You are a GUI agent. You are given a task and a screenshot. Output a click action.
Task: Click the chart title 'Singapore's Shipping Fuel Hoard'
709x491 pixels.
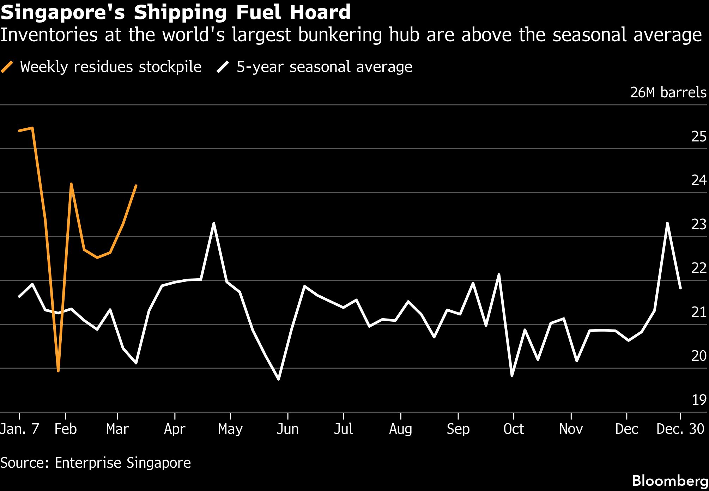click(x=176, y=12)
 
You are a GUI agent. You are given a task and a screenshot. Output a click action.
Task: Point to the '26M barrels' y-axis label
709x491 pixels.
click(x=668, y=92)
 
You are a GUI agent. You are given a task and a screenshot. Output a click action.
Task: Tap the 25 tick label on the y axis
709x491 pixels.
click(x=698, y=137)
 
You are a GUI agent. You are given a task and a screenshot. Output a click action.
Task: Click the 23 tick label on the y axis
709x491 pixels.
click(x=698, y=224)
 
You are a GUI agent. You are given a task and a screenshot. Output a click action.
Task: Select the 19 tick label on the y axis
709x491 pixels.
click(x=698, y=400)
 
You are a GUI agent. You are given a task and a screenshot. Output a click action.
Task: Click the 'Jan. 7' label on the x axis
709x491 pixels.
click(x=19, y=429)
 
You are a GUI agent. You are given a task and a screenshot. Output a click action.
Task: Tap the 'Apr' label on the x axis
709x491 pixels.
click(x=175, y=429)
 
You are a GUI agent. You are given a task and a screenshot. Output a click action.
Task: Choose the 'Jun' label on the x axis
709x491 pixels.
click(x=287, y=429)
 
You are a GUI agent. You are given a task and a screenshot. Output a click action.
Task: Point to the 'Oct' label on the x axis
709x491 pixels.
click(x=514, y=429)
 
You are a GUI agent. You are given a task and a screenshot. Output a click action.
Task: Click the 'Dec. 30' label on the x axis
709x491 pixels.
click(x=680, y=429)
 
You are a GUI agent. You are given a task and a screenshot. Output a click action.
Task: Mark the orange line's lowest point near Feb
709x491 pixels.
click(x=58, y=371)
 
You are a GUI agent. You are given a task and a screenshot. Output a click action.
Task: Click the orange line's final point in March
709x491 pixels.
click(x=136, y=186)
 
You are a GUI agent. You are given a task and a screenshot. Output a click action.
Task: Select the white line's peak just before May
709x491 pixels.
click(x=214, y=223)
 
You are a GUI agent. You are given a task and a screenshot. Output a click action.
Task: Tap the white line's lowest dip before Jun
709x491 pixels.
click(x=279, y=379)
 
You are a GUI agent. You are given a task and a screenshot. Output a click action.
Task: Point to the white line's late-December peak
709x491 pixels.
click(x=667, y=223)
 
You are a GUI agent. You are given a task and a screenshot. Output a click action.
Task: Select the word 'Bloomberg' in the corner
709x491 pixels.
click(x=670, y=481)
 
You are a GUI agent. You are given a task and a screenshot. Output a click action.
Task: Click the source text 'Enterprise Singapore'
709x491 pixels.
click(x=123, y=462)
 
